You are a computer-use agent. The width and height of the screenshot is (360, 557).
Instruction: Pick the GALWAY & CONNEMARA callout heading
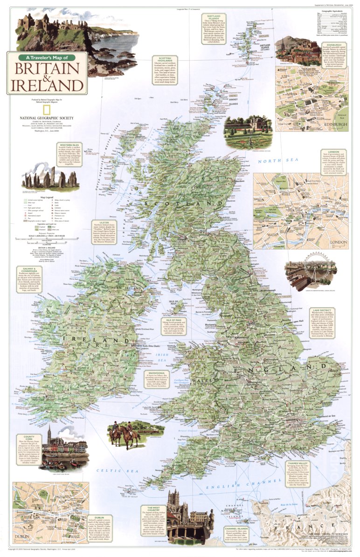(x=28, y=269)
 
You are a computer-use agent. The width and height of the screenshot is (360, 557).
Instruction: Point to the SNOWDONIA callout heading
(x=153, y=386)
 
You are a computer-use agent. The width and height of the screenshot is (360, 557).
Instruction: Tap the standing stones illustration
(x=50, y=178)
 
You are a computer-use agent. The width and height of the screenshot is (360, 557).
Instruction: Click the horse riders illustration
(x=124, y=433)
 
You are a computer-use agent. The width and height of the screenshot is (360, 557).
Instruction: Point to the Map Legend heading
(x=46, y=197)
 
